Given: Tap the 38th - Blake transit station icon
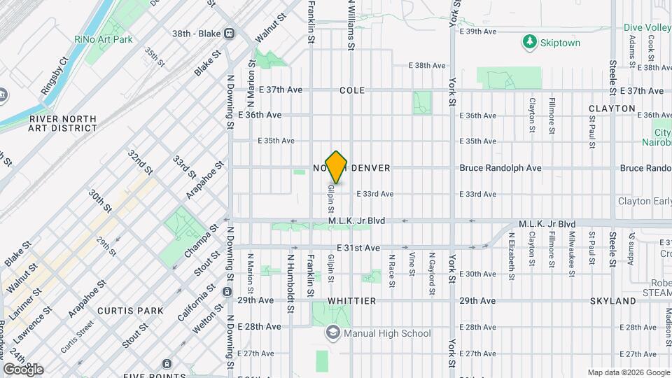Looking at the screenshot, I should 229,34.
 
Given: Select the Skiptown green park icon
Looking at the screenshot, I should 530,43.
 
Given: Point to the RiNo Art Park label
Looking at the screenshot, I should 104,39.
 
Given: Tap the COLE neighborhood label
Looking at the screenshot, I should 352,90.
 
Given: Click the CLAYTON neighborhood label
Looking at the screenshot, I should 612,108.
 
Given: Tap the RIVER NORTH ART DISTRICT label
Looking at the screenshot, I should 63,123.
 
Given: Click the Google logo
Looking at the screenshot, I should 23,369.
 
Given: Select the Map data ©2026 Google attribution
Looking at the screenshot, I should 627,372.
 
